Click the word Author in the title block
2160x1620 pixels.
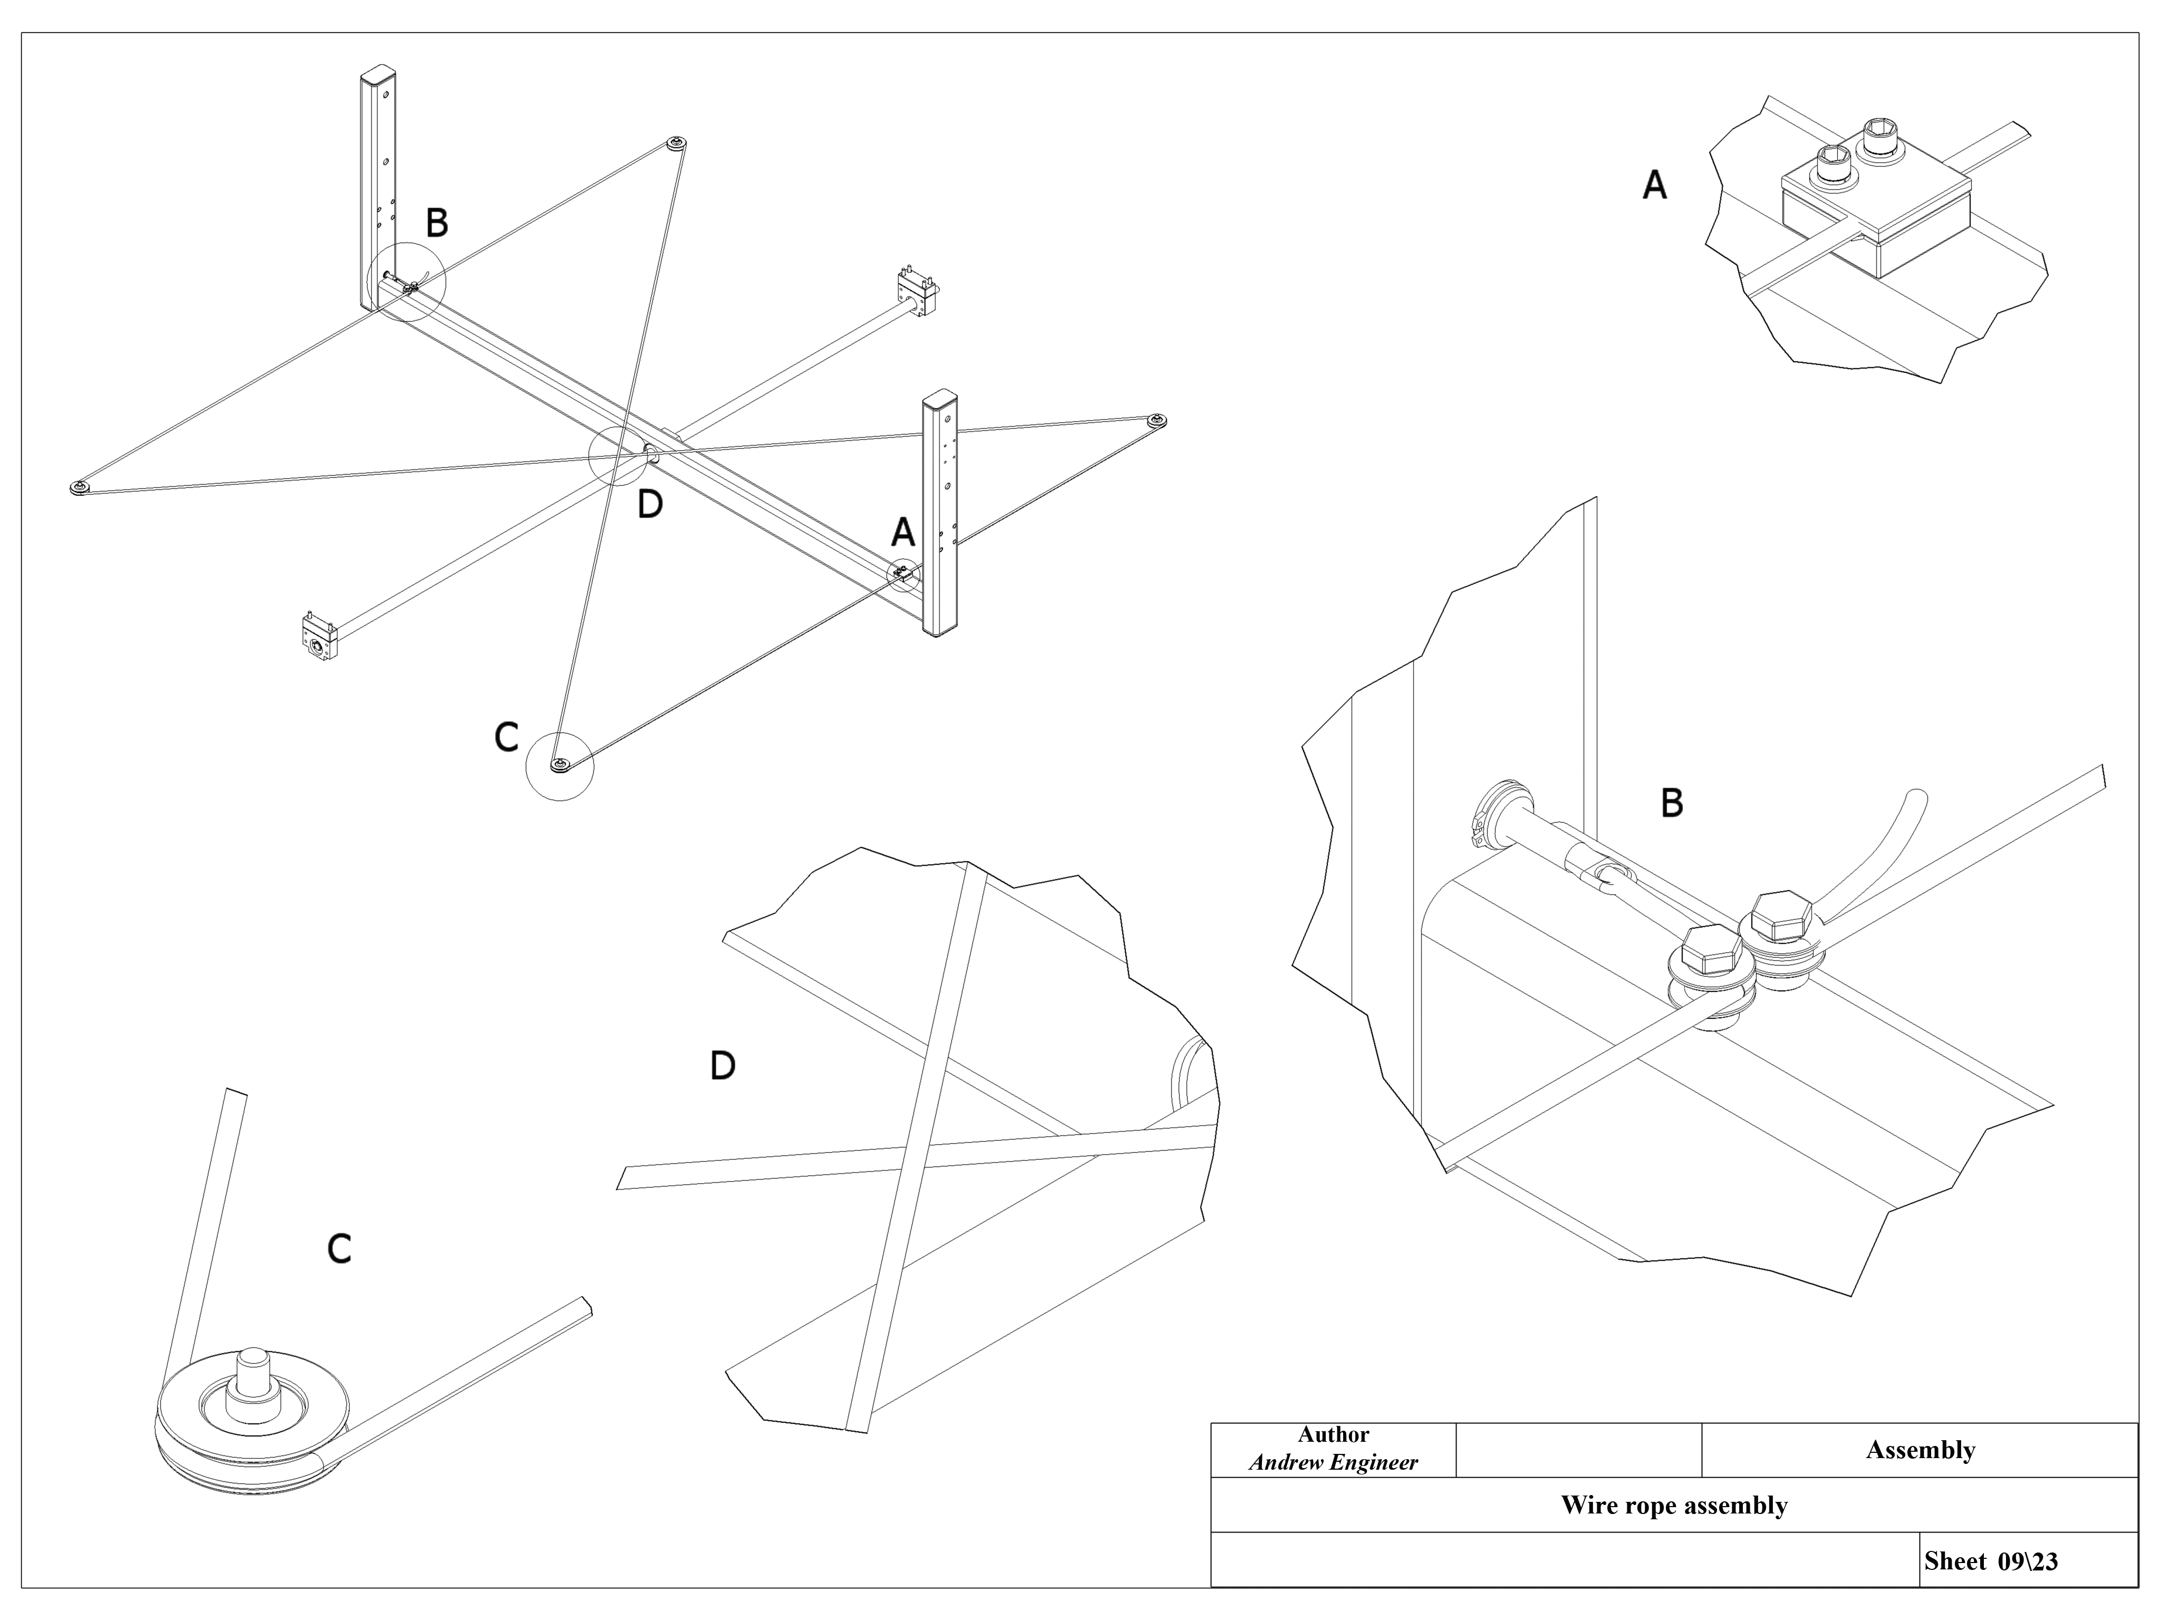click(x=1333, y=1434)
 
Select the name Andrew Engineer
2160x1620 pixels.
click(x=1333, y=1462)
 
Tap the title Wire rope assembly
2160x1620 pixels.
click(x=1674, y=1505)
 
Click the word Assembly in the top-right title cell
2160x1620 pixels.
click(x=1920, y=1450)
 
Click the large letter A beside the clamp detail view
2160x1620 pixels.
click(x=1654, y=186)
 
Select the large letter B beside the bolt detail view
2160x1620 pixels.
click(x=1672, y=804)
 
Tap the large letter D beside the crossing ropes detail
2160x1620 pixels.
click(x=721, y=1065)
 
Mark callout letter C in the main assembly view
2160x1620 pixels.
click(x=506, y=737)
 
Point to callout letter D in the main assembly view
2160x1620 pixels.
click(x=649, y=505)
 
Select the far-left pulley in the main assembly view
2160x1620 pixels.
click(x=79, y=487)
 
